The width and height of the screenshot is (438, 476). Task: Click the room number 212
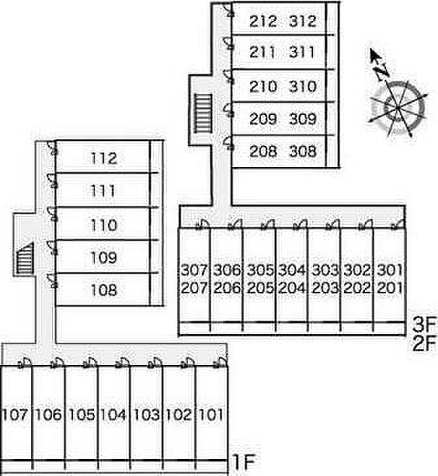pyautogui.click(x=263, y=22)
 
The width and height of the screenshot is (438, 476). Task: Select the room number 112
pyautogui.click(x=104, y=158)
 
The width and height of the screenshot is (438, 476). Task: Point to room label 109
pyautogui.click(x=104, y=258)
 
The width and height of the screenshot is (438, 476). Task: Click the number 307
pyautogui.click(x=194, y=269)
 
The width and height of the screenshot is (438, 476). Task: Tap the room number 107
pyautogui.click(x=16, y=414)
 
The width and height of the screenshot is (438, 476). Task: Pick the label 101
pyautogui.click(x=210, y=414)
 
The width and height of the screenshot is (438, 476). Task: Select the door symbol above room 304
pyautogui.click(x=300, y=225)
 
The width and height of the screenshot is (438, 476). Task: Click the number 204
pyautogui.click(x=291, y=288)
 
